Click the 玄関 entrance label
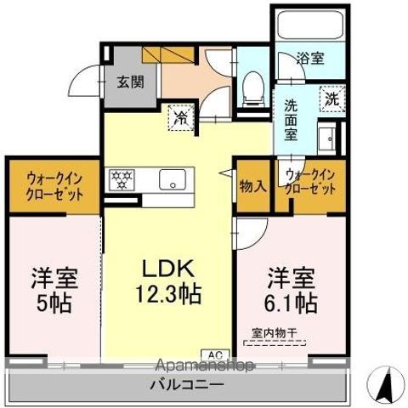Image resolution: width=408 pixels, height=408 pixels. coord(131,82)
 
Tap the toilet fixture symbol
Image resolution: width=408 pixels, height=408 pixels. coord(253,88)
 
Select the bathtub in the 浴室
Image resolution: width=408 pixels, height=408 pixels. coord(310,25)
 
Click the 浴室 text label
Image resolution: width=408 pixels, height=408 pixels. coord(310,58)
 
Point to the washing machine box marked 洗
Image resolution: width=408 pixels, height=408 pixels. coord(332,99)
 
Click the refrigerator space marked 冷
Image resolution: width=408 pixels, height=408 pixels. coord(181,117)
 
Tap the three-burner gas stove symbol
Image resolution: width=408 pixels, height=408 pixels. coord(122,179)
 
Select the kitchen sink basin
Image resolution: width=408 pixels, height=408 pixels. coord(173,179)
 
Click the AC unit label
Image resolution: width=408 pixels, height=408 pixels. coord(215,354)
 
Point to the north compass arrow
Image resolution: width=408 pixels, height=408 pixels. coord(386,383)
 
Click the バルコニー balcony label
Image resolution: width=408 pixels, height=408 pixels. coord(187,384)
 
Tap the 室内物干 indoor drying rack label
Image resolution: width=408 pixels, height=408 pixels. coord(275,333)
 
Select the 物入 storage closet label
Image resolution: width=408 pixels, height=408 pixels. coord(253,186)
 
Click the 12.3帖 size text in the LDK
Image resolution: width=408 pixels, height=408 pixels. coord(169,294)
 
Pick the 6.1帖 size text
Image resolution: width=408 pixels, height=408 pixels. coord(291,303)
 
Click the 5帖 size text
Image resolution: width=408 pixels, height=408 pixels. coord(54,303)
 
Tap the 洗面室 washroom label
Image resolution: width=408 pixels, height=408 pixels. coord(291,120)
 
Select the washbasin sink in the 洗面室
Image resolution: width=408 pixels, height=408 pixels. coord(326,138)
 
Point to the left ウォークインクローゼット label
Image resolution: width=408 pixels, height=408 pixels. coord(54,187)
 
